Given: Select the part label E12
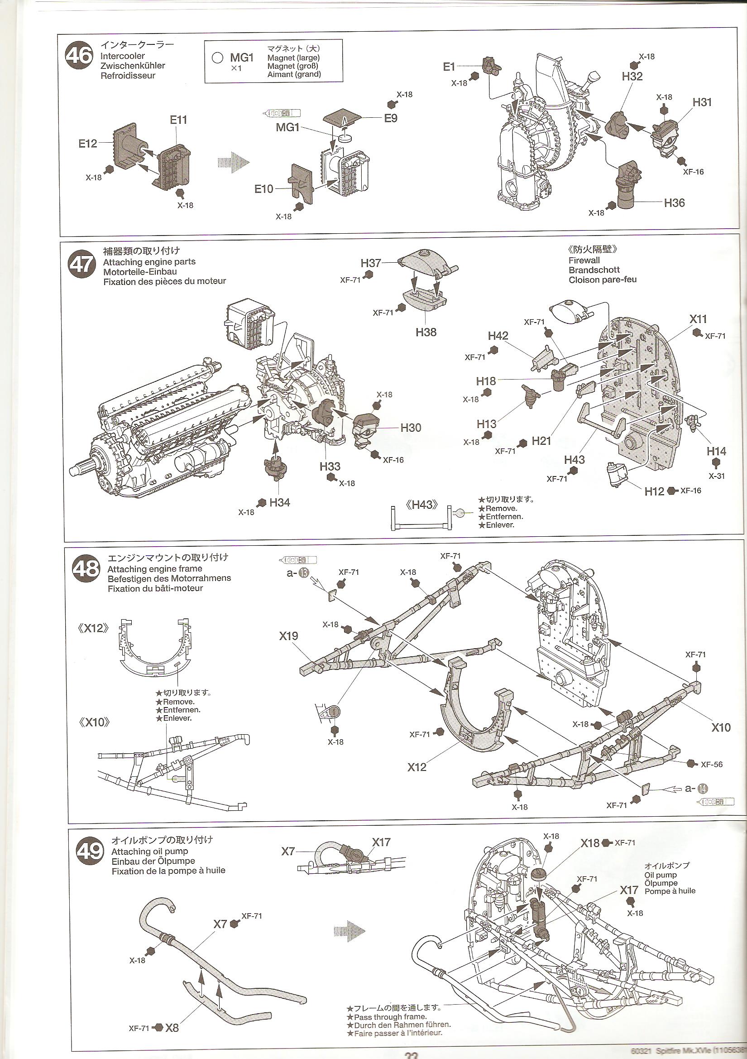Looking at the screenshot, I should point(88,144).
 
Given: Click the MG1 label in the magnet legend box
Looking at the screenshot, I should point(242,58).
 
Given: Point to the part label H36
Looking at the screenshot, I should point(674,202).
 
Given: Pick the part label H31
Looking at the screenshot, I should point(702,102).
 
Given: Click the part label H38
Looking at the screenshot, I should point(426,332).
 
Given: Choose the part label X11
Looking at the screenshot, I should point(698,319).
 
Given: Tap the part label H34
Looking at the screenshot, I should point(279,502).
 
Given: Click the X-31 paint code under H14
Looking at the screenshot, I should point(717,476).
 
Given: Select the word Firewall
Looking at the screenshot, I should point(584,260).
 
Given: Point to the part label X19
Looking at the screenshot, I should point(288,636).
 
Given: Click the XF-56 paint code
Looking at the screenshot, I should point(711,764).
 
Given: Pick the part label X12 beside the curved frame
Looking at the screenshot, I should point(417,767).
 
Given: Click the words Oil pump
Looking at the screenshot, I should point(661,875).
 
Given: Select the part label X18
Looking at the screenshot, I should point(590,843).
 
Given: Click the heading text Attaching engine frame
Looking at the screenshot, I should point(154,569).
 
